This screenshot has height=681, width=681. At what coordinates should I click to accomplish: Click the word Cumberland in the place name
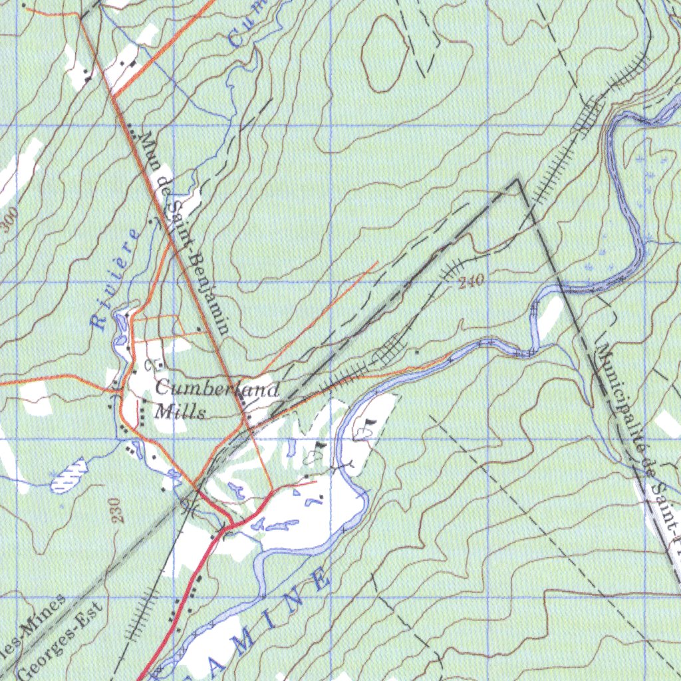(217, 390)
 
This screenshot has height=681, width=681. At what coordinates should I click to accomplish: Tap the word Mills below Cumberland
(180, 412)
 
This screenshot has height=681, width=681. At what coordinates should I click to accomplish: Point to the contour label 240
(471, 282)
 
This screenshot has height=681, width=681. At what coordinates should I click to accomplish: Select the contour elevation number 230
(118, 511)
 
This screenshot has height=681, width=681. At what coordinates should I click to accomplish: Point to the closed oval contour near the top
(384, 53)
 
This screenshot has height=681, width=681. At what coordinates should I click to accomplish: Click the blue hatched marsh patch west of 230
(69, 474)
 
